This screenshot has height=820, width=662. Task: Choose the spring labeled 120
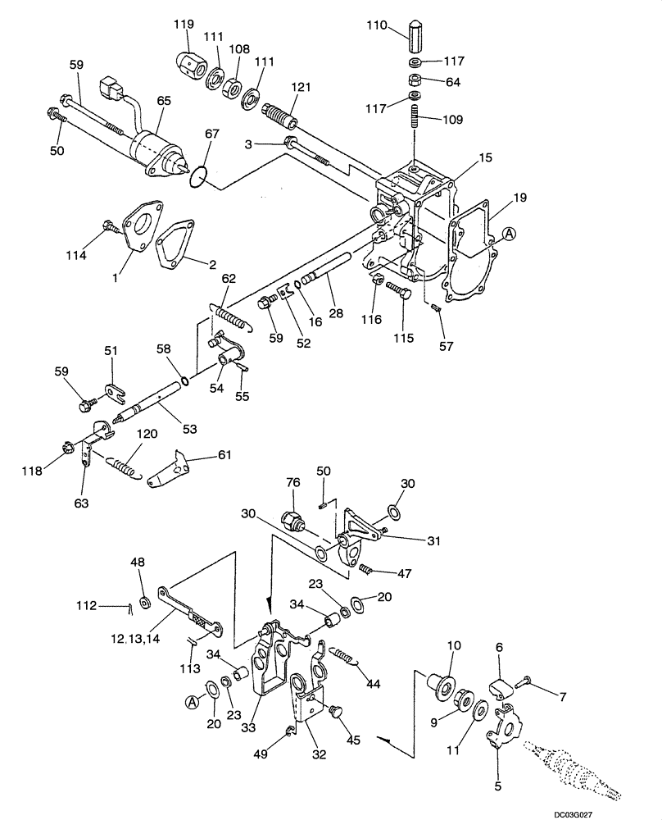[125, 466]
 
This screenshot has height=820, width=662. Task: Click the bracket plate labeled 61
[170, 469]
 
